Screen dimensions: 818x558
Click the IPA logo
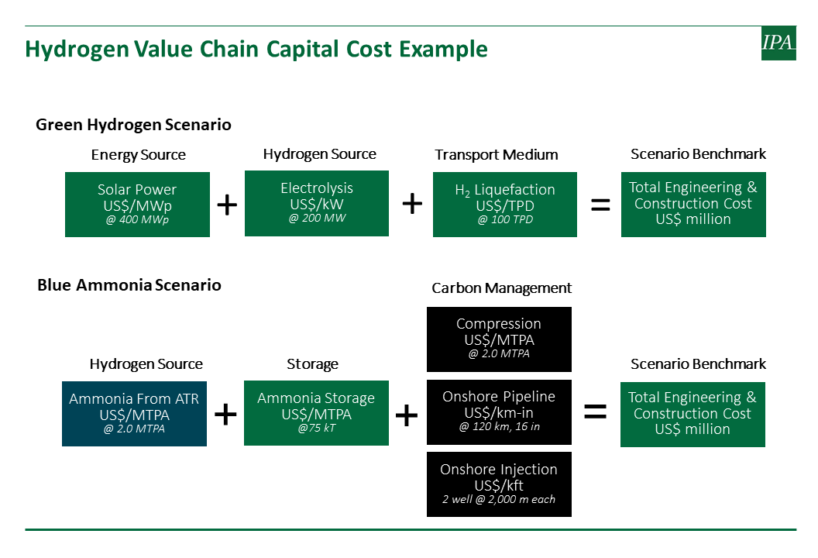pyautogui.click(x=778, y=43)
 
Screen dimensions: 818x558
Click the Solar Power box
pyautogui.click(x=137, y=204)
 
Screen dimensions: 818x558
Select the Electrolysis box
pyautogui.click(x=317, y=203)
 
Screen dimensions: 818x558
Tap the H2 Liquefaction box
pyautogui.click(x=505, y=204)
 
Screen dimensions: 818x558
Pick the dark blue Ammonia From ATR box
pyautogui.click(x=134, y=413)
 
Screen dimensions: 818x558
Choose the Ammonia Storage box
pyautogui.click(x=316, y=413)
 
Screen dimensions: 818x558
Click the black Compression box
pyautogui.click(x=500, y=339)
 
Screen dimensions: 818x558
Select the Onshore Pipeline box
pyautogui.click(x=500, y=412)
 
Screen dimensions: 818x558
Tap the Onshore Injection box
pyautogui.click(x=500, y=484)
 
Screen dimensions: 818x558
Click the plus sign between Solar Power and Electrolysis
pyautogui.click(x=227, y=205)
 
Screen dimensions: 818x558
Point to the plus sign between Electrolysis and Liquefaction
pyautogui.click(x=412, y=204)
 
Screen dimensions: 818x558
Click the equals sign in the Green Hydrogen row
pyautogui.click(x=600, y=205)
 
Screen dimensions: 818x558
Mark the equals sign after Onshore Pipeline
pyautogui.click(x=595, y=412)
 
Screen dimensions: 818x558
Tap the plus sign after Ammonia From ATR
pyautogui.click(x=225, y=415)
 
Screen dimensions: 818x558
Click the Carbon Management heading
pyautogui.click(x=501, y=288)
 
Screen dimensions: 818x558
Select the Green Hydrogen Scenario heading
pyautogui.click(x=133, y=125)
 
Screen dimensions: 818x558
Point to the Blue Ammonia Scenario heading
pyautogui.click(x=129, y=285)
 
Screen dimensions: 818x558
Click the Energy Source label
pyautogui.click(x=138, y=155)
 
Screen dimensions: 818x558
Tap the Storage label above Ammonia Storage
pyautogui.click(x=312, y=363)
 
